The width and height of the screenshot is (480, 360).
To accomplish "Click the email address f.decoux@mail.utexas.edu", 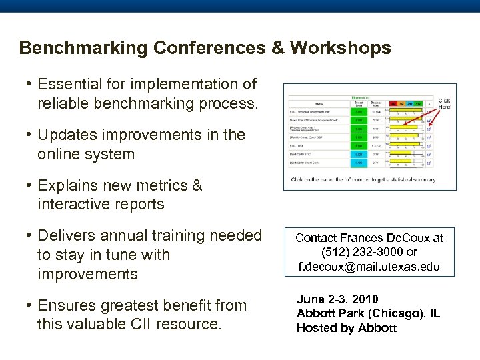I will [369, 266].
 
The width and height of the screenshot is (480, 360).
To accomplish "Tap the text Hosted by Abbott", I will [346, 328].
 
